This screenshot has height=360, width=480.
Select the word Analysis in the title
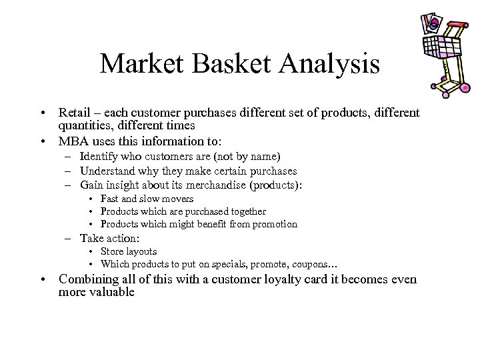(332, 64)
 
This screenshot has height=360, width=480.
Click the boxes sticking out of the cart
(429, 24)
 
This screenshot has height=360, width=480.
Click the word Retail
(74, 113)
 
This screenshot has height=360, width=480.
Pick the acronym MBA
(73, 141)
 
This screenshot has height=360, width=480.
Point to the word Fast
(110, 199)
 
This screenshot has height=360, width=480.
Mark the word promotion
(275, 224)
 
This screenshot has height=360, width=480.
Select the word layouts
(141, 251)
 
